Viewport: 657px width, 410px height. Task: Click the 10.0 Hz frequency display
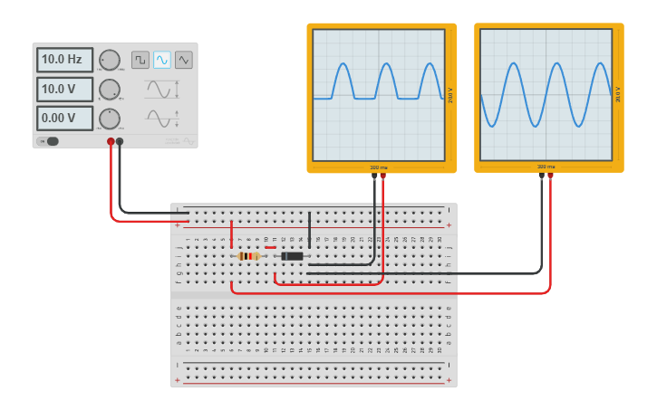[64, 60]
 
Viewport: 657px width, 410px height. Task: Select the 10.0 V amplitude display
[64, 90]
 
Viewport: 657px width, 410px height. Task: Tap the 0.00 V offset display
[64, 119]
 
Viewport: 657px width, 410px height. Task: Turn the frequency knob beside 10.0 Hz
[110, 60]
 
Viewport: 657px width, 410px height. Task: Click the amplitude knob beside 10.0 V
[110, 90]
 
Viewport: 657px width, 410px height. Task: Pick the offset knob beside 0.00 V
[110, 119]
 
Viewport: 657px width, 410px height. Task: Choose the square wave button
[140, 60]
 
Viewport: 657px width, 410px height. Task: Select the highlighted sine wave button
[162, 60]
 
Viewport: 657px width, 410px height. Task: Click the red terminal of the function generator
[111, 141]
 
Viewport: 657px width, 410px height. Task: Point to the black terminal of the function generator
[120, 141]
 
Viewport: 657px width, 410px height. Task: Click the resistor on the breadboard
[248, 256]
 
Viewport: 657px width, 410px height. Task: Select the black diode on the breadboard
[292, 256]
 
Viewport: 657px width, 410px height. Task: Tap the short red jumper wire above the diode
[270, 247]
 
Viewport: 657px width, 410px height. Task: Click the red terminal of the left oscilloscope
[383, 176]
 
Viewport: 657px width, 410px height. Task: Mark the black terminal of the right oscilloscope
[541, 176]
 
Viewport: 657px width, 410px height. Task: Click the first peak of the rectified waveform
[343, 65]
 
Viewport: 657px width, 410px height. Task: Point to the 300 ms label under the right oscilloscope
[546, 167]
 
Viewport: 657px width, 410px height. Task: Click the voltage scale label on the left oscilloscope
[450, 95]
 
